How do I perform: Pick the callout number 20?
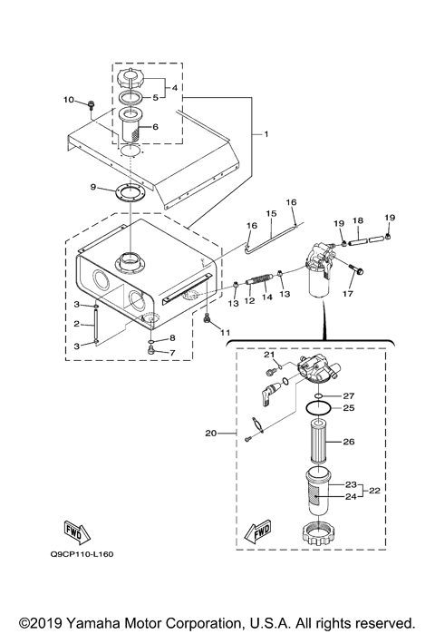(212, 434)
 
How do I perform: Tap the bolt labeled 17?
(354, 272)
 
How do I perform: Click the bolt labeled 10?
(93, 107)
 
